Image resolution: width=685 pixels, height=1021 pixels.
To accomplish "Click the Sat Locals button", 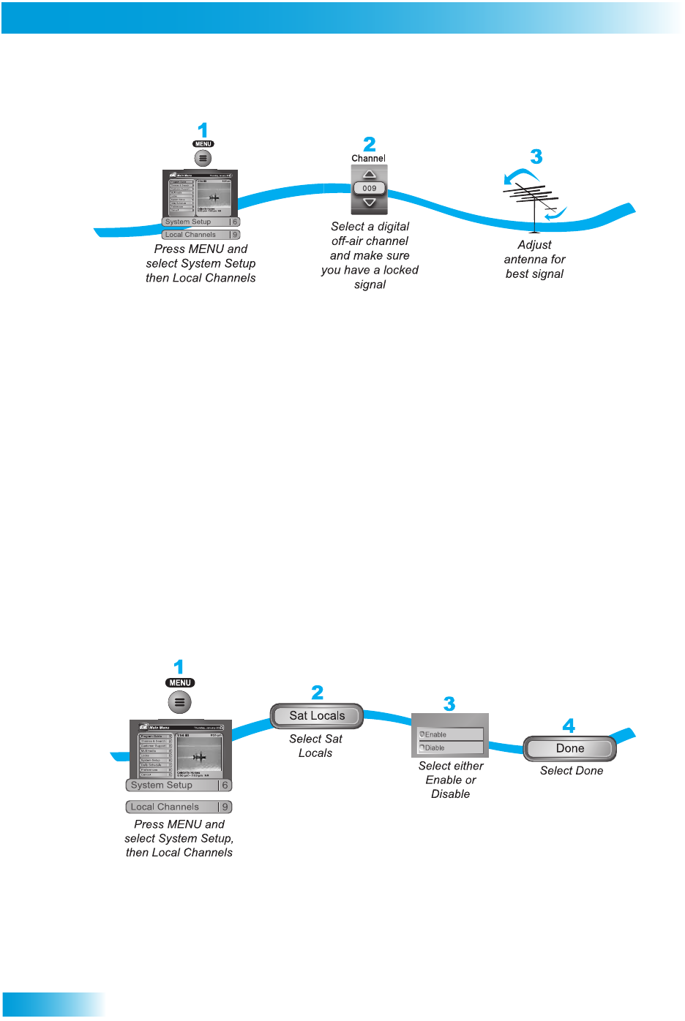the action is point(317,716).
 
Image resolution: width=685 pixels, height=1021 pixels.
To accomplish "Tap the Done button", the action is point(570,748).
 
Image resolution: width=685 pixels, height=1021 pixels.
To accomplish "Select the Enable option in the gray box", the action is point(450,734).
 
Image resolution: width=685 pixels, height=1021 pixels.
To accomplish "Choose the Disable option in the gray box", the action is point(450,747).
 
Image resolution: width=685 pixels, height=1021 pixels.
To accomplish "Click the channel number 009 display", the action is point(370,188).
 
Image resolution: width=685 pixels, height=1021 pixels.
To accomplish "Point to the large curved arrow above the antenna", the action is point(520,176).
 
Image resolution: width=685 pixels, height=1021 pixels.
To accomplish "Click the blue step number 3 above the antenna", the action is point(536,157).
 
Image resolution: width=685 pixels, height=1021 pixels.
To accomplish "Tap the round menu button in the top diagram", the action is point(203,158).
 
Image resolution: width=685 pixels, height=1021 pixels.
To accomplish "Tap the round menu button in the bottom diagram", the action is point(180,702).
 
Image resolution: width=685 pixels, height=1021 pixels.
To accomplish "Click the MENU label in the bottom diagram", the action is point(180,683).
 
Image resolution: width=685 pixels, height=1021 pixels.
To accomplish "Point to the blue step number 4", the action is point(569,726).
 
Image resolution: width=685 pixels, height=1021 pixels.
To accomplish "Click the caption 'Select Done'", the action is point(572,771).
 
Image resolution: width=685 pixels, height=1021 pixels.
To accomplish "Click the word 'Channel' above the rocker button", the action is point(368,159).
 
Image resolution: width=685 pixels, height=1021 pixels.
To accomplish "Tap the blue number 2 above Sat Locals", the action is point(317,693).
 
